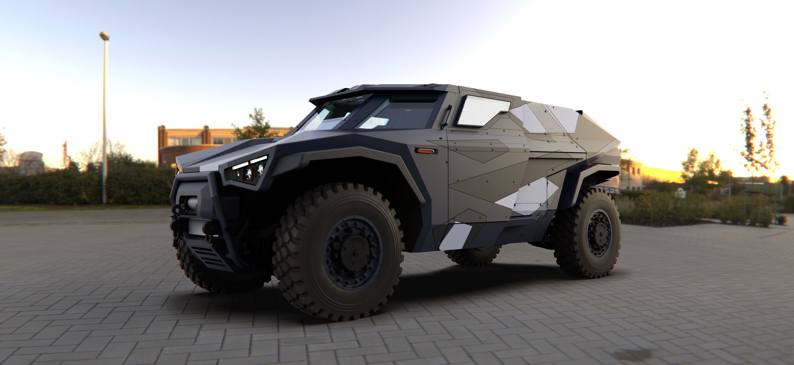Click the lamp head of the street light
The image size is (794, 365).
pos(104,36)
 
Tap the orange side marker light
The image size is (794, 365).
pos(425,151)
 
